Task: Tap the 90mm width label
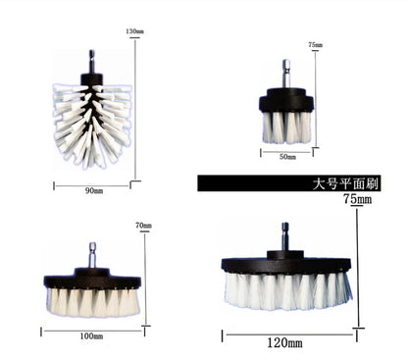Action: tap(92, 189)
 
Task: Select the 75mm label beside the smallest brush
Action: tap(315, 46)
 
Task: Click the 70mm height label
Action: tap(143, 227)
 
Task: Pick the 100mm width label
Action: tap(92, 336)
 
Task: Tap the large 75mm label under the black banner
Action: tap(358, 200)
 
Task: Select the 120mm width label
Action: tap(286, 342)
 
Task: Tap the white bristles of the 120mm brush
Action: tap(286, 288)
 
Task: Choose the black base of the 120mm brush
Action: tap(286, 263)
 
